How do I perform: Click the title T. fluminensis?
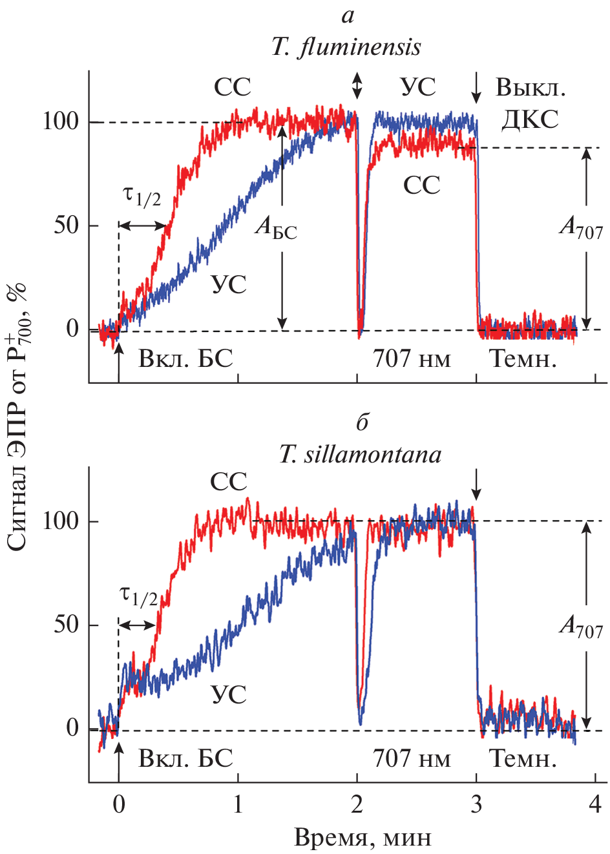coord(346,47)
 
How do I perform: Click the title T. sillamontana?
coord(360,455)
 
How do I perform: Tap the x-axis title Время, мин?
coord(363,837)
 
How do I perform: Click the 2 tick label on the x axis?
coord(357,804)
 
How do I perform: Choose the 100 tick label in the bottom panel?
coord(60,521)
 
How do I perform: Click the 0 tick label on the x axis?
coord(119,804)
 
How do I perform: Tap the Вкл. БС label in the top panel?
coord(185,358)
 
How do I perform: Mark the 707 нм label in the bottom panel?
coord(412,758)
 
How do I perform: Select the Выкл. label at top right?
coord(531,87)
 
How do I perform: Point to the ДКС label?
coord(530,119)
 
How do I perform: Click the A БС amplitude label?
coord(276,227)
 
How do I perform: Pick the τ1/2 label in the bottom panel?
coord(140,596)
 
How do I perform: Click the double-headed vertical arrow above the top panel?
coord(357,85)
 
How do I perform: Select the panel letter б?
coord(362,422)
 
